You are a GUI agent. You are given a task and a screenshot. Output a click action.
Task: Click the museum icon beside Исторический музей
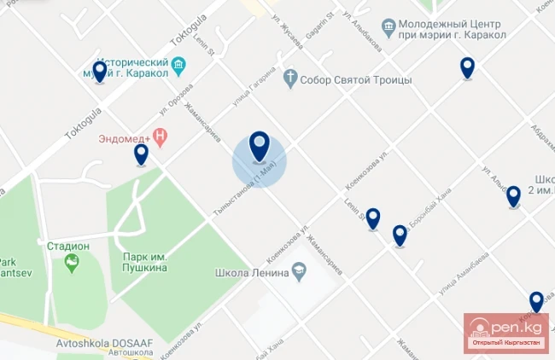coord(179,65)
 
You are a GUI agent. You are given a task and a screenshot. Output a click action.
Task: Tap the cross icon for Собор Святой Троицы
coord(290,79)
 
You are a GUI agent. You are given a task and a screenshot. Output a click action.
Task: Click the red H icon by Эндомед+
coord(159,136)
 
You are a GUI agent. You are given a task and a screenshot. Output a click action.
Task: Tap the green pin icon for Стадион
coord(71,264)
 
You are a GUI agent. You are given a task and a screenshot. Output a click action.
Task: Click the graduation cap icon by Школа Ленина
coord(299,273)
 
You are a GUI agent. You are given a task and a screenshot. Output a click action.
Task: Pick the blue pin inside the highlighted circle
coord(260,146)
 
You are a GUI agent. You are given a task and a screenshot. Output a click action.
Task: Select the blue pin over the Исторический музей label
coord(100,71)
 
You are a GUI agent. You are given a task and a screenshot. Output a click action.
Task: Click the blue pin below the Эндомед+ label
coord(141,154)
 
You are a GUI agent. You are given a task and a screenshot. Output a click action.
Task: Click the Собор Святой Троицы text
coord(358,79)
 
